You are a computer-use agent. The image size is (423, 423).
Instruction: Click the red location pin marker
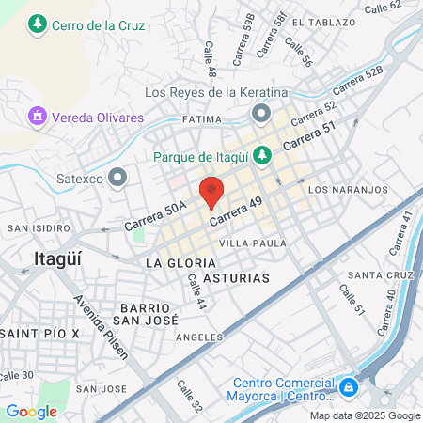(212, 191)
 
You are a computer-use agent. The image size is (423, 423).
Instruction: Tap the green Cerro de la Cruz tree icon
(37, 23)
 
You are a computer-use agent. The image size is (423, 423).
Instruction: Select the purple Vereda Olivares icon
(37, 117)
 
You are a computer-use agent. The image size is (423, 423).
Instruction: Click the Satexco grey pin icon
(117, 176)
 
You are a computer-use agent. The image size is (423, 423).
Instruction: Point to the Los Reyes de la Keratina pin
(261, 114)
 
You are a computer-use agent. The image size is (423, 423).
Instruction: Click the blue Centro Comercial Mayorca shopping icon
(349, 386)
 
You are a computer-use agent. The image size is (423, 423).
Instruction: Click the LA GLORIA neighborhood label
(175, 263)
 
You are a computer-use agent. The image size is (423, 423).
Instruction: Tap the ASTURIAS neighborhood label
(236, 278)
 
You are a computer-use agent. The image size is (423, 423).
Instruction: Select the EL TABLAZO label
(324, 21)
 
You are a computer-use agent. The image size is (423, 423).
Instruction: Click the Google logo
(31, 411)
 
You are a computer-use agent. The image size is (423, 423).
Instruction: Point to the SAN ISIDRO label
(34, 227)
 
